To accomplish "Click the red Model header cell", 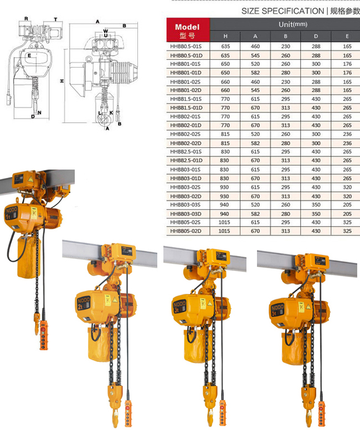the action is coord(188,30).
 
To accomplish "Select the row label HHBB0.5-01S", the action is coord(186,47).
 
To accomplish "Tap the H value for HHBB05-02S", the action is coord(224,222).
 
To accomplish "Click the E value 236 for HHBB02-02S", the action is coord(347,134).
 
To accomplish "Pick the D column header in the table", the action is coord(316,36).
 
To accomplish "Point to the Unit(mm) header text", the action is coord(293,24).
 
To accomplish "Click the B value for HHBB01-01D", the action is coord(285,73).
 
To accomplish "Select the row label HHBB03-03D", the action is coord(186,214).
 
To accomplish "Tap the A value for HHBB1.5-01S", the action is coord(255,99).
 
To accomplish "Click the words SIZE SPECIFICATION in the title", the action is coord(282,11).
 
